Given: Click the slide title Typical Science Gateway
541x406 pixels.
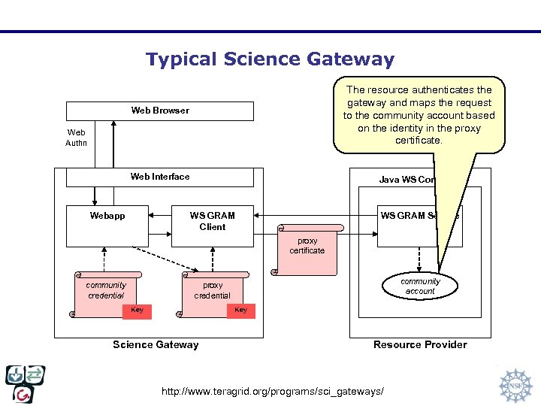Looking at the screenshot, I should pos(270,59).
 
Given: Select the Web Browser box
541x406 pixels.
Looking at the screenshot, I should pos(160,111).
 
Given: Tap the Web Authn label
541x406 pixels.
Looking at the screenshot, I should pos(76,138).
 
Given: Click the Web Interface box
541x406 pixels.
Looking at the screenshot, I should pos(160,177).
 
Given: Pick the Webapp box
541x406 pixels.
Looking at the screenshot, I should pos(107,225).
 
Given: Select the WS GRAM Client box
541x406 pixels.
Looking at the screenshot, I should pos(213,225).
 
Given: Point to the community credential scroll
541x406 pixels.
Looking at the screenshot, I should pos(107,289).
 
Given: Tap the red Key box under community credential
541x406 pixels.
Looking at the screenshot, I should pos(138,311).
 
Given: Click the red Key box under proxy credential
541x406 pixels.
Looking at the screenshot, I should pos(240,311).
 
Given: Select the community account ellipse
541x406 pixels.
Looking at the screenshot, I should pos(420,286).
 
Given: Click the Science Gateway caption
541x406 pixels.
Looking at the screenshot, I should pos(156,345).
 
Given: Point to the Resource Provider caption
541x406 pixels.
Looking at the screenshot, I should pos(420,345).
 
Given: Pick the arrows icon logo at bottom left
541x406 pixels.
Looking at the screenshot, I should pos(25,383).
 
